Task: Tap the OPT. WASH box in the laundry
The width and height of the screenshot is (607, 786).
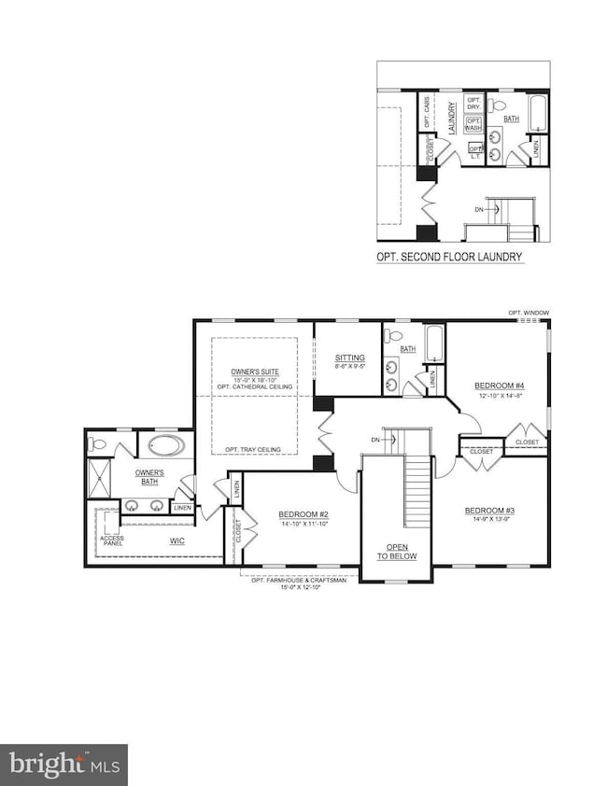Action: (x=473, y=124)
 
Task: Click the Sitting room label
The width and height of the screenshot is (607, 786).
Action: (x=349, y=361)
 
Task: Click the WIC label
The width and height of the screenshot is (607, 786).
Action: (x=176, y=540)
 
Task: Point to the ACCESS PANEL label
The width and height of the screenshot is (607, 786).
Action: (x=112, y=542)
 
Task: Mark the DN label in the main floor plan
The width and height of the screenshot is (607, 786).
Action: (x=375, y=439)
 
